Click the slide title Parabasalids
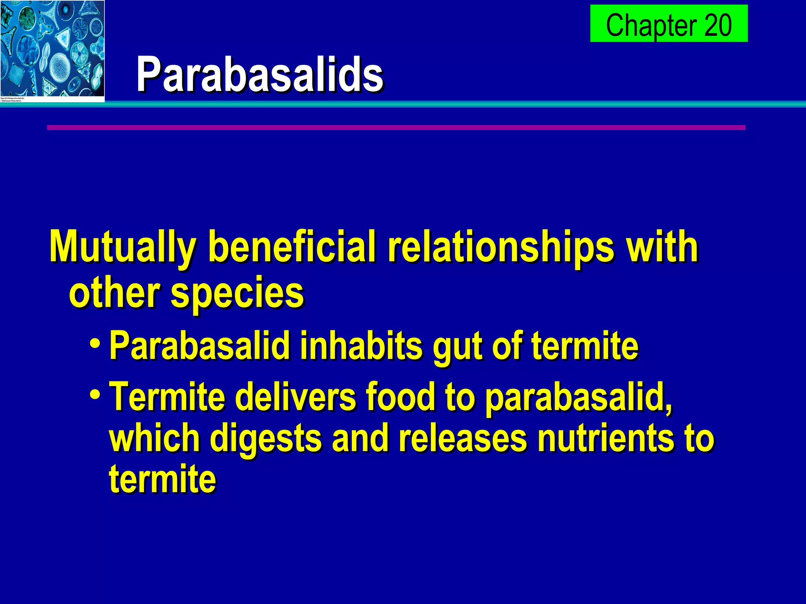260,75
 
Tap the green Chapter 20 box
668,24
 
